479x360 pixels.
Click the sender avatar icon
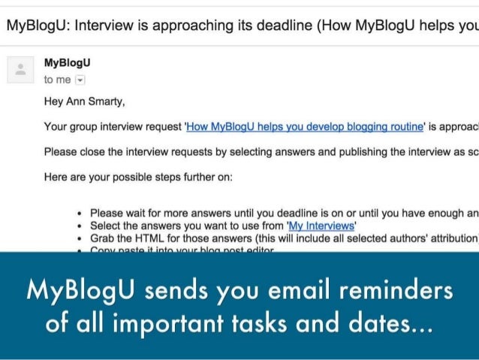click(20, 71)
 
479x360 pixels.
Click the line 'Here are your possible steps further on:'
click(139, 177)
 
